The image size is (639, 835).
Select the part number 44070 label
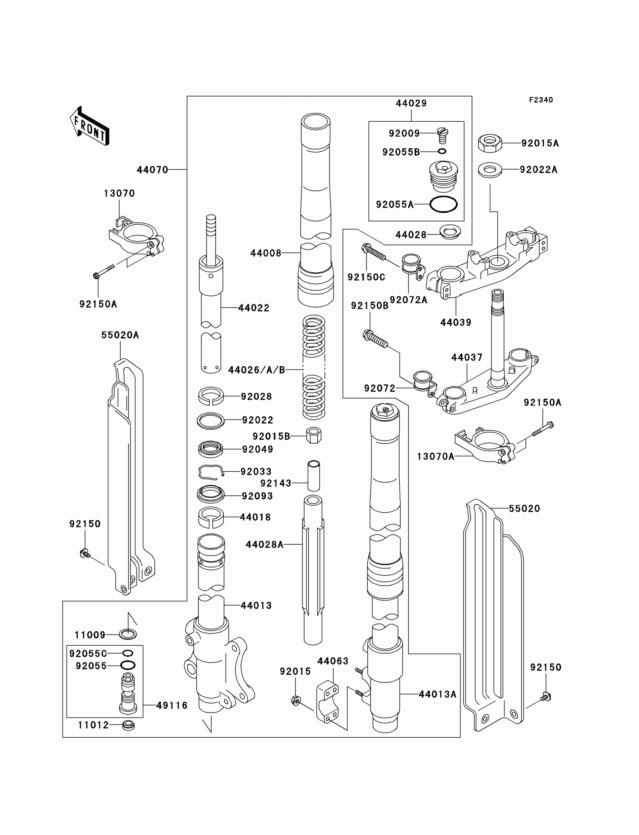tap(152, 170)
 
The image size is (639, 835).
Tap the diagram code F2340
tap(541, 100)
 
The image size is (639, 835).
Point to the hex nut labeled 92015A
tap(489, 143)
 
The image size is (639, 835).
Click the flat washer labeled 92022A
tap(489, 169)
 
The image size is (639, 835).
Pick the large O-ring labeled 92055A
tap(443, 204)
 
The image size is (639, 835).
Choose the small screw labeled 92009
tap(442, 135)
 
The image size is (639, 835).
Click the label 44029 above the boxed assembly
tap(411, 103)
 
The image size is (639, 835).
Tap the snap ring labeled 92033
tap(210, 472)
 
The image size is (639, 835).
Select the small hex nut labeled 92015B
tap(313, 436)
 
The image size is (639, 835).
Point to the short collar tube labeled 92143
tap(313, 476)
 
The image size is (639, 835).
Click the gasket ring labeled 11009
tap(128, 634)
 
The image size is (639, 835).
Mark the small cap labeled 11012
tap(128, 725)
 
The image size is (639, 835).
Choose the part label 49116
tap(172, 706)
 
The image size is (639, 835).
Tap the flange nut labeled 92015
tap(295, 700)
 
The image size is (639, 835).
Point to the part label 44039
tap(456, 323)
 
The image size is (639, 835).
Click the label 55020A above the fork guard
tap(120, 335)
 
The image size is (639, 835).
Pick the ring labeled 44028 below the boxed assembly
tap(450, 232)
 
